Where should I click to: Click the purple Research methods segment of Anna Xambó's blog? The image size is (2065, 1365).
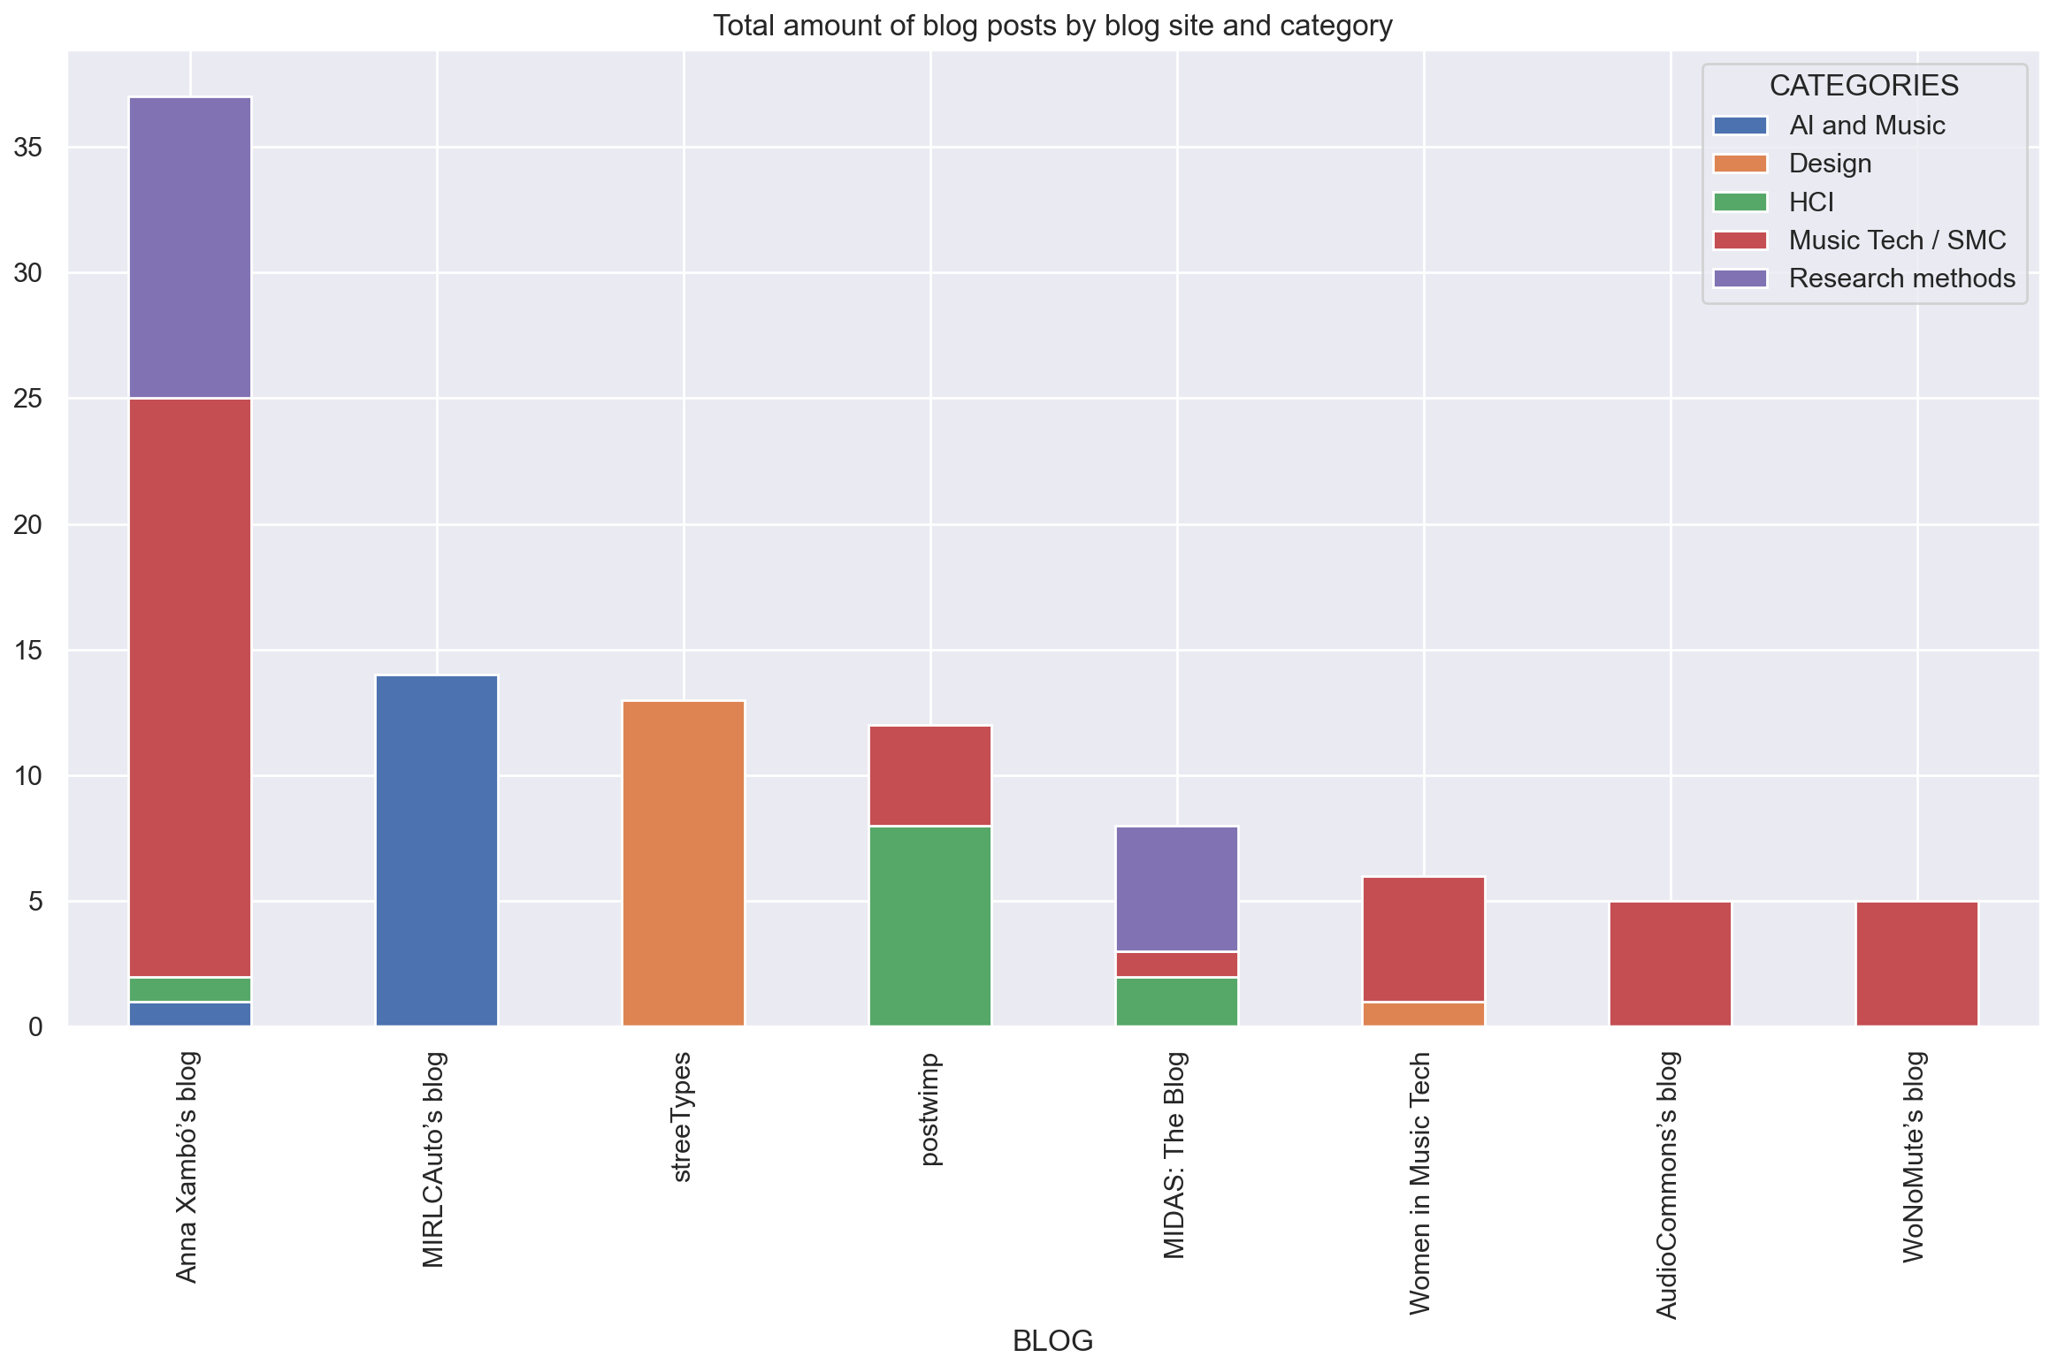coord(190,248)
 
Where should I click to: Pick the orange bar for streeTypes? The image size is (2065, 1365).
coord(684,863)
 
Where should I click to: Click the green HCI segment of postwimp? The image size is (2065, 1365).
coord(930,926)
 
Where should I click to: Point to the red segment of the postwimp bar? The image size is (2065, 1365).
coord(930,775)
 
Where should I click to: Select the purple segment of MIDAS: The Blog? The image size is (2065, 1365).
coord(1177,888)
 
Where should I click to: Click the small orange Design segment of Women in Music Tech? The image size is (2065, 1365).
coord(1424,1014)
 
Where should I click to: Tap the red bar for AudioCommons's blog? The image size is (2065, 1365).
coord(1671,964)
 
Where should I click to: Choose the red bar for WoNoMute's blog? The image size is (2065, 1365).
coord(1917,964)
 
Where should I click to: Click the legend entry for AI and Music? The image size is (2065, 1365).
coord(1866,126)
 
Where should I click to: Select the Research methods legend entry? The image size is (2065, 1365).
coord(1901,278)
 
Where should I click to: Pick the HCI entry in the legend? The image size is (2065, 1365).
coord(1810,202)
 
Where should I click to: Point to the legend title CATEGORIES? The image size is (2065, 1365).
coord(1863,86)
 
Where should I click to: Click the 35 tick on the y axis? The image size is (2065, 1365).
coord(28,147)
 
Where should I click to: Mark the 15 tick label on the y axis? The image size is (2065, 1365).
coord(28,651)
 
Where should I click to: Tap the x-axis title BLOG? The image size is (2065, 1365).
coord(1052,1340)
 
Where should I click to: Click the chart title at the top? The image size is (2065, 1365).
coord(1052,26)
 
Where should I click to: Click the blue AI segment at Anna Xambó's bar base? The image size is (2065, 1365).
coord(190,1014)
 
